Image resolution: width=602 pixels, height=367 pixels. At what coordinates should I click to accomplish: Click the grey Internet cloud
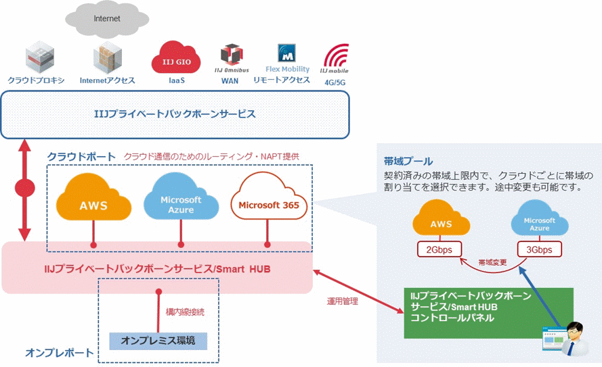pos(107,19)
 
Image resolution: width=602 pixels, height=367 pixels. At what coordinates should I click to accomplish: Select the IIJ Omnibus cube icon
pos(230,55)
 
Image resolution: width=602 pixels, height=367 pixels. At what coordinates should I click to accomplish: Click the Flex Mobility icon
pos(287,53)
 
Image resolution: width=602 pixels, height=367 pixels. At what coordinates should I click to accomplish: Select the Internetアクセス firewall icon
pos(106,57)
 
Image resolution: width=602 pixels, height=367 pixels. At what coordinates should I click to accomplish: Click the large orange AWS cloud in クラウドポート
pos(93,202)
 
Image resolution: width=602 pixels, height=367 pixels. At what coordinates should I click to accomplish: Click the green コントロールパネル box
pos(488,314)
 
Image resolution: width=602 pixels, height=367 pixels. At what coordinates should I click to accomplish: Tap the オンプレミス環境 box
pos(158,341)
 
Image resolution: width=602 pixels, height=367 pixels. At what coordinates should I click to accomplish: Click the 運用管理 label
pos(342,301)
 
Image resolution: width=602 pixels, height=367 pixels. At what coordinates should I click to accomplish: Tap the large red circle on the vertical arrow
pos(26,188)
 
